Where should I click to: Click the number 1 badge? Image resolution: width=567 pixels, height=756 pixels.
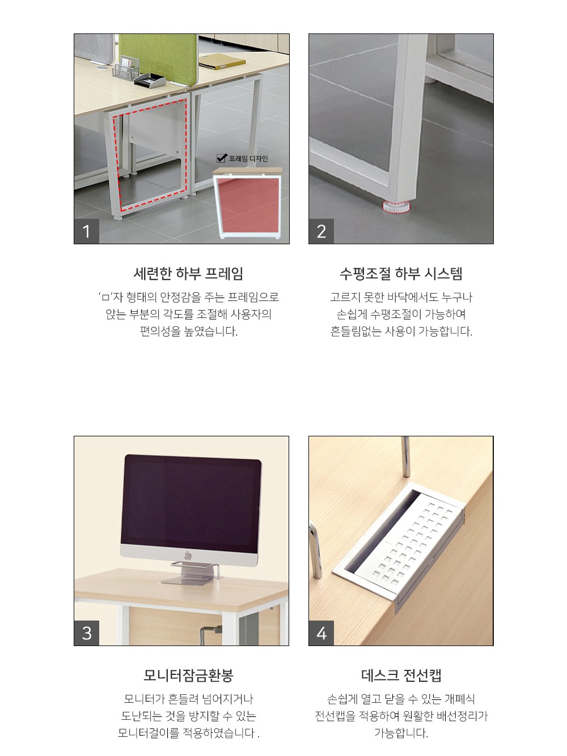pyautogui.click(x=86, y=231)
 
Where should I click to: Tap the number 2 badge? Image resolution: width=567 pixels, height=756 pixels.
pyautogui.click(x=321, y=231)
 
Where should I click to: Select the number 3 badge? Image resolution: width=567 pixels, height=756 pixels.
pyautogui.click(x=86, y=633)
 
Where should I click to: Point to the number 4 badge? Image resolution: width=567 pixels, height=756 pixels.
pyautogui.click(x=321, y=633)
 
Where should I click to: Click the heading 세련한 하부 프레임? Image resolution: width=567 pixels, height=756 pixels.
pyautogui.click(x=188, y=274)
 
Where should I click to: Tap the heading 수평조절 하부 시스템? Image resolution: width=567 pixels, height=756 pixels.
pyautogui.click(x=401, y=274)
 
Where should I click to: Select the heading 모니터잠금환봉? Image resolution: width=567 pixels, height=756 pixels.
pyautogui.click(x=188, y=676)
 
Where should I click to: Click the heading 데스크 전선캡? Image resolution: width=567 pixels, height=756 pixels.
pyautogui.click(x=401, y=676)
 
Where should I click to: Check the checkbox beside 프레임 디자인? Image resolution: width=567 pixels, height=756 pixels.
pyautogui.click(x=222, y=158)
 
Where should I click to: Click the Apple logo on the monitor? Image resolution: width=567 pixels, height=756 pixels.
pyautogui.click(x=188, y=555)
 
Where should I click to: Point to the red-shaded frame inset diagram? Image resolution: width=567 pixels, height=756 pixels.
pyautogui.click(x=248, y=205)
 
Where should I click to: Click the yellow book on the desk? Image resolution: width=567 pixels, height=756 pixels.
pyautogui.click(x=223, y=63)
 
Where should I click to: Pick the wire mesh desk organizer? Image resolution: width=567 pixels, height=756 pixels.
pyautogui.click(x=126, y=70)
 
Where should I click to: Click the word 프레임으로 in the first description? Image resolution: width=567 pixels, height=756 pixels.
pyautogui.click(x=253, y=298)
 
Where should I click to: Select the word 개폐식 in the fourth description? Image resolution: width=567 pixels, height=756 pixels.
pyautogui.click(x=460, y=699)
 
